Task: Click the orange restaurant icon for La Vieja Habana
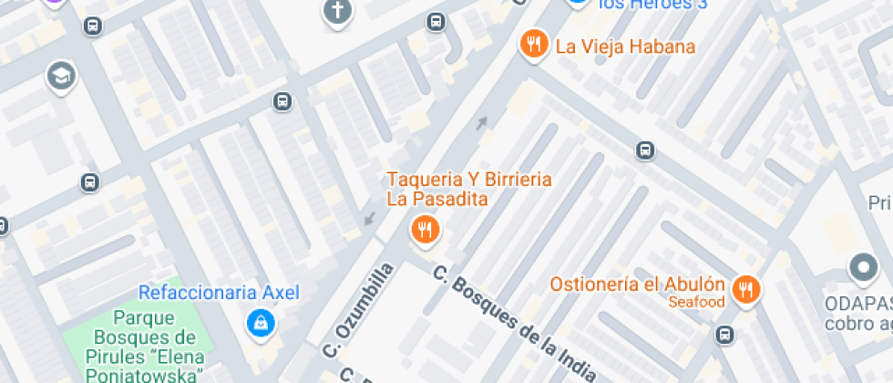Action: [x=533, y=44]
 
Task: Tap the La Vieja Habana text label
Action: [x=625, y=47]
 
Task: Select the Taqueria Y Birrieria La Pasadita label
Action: [x=469, y=189]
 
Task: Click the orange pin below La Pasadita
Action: [x=424, y=230]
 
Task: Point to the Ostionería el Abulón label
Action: [x=637, y=285]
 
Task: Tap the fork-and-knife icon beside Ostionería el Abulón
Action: [x=746, y=290]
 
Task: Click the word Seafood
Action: [x=696, y=302]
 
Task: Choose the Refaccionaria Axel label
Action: [x=219, y=293]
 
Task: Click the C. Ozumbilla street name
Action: [x=361, y=310]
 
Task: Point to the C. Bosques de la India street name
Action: [x=515, y=324]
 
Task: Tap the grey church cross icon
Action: [x=337, y=11]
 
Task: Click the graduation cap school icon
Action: [x=61, y=77]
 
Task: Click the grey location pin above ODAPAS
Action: [x=862, y=268]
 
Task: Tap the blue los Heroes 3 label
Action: [x=652, y=5]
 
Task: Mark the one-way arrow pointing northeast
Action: [x=481, y=122]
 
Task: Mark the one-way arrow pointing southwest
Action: [x=369, y=218]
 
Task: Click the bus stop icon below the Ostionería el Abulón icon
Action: [x=724, y=335]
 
